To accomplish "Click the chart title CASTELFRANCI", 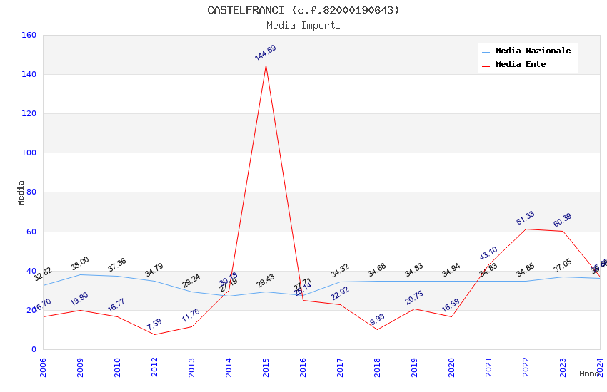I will (x=303, y=10).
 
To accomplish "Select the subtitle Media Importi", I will (x=303, y=25).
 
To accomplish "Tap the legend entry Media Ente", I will (x=521, y=64).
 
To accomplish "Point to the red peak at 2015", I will (x=266, y=66).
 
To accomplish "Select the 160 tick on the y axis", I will (x=29, y=35).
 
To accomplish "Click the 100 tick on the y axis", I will (x=29, y=153).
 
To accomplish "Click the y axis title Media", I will (x=21, y=192).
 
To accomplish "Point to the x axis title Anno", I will (x=589, y=373).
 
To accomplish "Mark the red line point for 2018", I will (x=377, y=329).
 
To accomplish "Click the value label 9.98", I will (x=377, y=318).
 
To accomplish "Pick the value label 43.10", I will (x=488, y=253).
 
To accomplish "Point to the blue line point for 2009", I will (x=80, y=274).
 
